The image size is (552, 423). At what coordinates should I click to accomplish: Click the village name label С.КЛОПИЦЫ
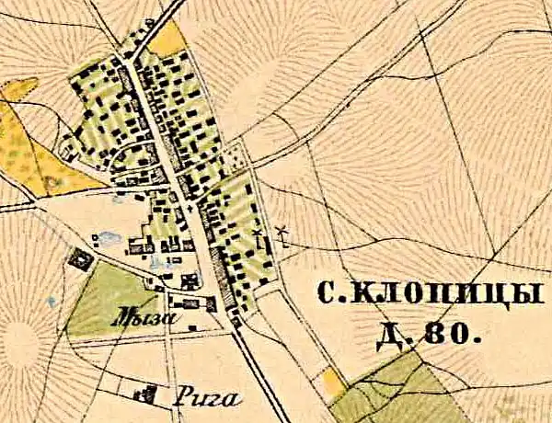click(x=426, y=295)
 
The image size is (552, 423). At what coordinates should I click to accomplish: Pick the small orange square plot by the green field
click(x=334, y=381)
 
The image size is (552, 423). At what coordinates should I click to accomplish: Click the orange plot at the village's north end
click(x=167, y=40)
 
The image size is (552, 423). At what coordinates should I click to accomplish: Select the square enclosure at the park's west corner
click(x=81, y=260)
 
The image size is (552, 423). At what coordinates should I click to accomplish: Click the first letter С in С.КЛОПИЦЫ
click(x=325, y=295)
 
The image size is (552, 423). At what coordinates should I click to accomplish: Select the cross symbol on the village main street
click(x=190, y=209)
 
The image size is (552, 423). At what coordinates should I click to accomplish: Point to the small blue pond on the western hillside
click(x=117, y=195)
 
